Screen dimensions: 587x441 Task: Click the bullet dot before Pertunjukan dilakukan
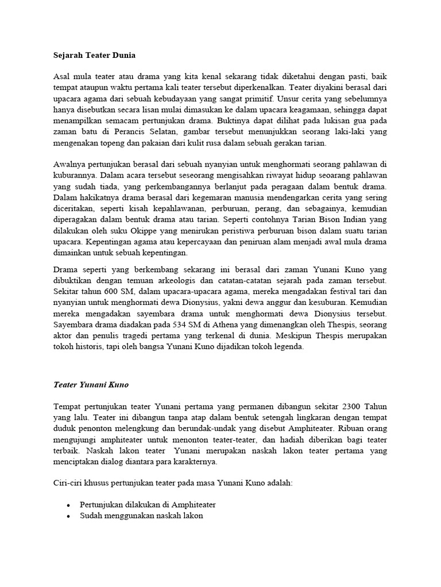click(69, 505)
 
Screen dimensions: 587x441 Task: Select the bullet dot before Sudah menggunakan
click(69, 516)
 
